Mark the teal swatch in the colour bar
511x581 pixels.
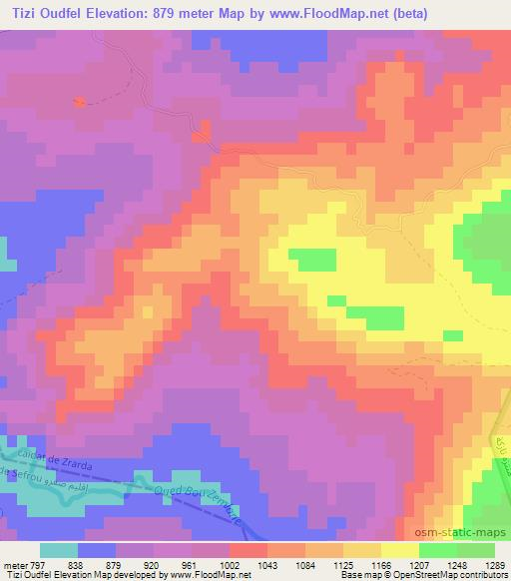click(x=60, y=549)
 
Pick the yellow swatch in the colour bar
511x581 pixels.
click(x=400, y=549)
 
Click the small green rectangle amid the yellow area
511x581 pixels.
click(x=312, y=259)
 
